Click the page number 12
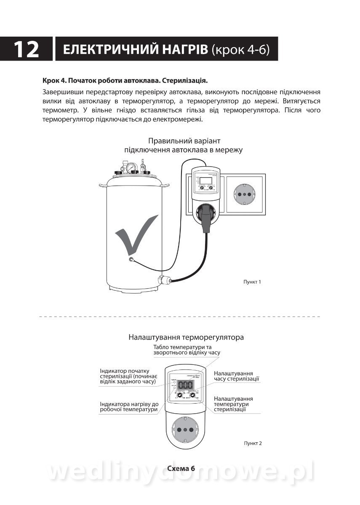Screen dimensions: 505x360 26,49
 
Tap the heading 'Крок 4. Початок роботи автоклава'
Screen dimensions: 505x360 125,80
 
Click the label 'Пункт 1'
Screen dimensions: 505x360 252,282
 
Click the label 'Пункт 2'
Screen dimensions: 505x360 253,443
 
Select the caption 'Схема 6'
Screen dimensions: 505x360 181,469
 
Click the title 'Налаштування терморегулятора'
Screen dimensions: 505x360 186,337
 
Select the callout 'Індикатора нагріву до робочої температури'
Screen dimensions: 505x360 128,407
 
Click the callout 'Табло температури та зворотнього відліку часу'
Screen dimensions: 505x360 187,349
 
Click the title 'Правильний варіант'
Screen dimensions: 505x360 184,141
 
